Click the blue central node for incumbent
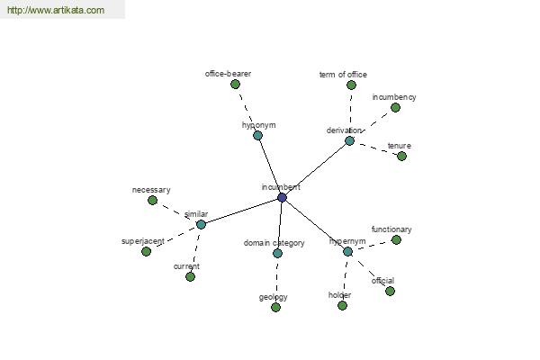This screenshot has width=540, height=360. pos(282,198)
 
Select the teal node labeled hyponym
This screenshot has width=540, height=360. pos(257,135)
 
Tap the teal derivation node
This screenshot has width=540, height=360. pos(349,140)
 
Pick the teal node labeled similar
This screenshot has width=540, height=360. pos(201,225)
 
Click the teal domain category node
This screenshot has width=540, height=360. pos(277,254)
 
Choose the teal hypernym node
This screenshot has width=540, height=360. pos(347,251)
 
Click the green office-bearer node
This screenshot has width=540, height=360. pos(235,84)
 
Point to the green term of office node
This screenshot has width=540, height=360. pos(351,85)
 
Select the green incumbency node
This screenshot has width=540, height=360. pos(395,107)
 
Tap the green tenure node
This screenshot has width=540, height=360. pos(401,156)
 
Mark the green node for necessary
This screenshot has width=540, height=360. pos(153,200)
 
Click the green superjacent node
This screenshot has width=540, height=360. pos(147,251)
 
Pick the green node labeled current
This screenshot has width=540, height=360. pos(191,276)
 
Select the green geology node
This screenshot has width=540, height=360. pos(275,307)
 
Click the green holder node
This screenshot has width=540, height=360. pos(342,305)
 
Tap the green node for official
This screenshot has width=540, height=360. pos(390,291)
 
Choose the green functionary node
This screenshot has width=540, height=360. pos(396,239)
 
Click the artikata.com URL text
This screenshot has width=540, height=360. pos(56,10)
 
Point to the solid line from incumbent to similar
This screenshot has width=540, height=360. pos(241,211)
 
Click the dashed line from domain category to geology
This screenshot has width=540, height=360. pos(276,281)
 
